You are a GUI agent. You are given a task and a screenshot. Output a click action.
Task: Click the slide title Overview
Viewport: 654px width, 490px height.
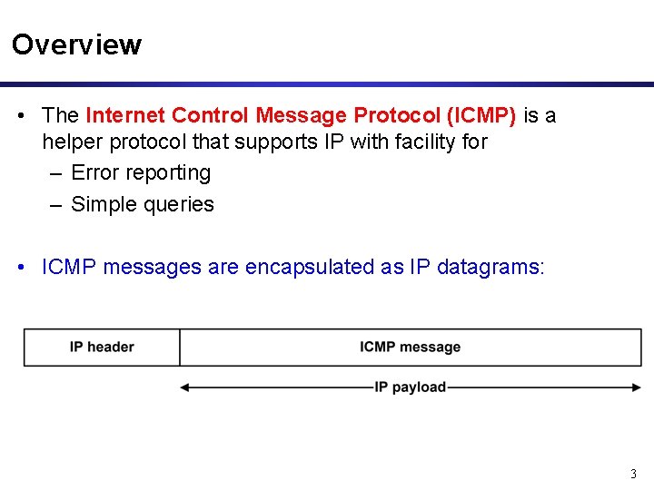pos(76,44)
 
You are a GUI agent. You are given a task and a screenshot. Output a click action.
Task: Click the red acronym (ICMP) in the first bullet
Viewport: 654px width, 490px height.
pos(481,115)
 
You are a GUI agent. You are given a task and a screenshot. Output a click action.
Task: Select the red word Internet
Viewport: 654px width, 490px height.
pos(125,115)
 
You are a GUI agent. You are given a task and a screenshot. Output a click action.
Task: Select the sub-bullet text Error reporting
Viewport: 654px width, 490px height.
pos(141,172)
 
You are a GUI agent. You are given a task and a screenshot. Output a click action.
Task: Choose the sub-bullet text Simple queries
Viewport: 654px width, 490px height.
pos(143,204)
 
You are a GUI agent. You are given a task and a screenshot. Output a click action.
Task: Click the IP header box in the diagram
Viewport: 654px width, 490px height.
pos(102,348)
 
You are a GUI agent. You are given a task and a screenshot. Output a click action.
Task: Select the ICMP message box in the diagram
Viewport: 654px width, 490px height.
pos(410,348)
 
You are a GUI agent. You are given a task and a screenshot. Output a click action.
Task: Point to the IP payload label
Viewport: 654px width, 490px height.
pos(410,387)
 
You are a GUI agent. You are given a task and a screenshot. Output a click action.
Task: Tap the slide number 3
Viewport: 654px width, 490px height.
pos(633,474)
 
